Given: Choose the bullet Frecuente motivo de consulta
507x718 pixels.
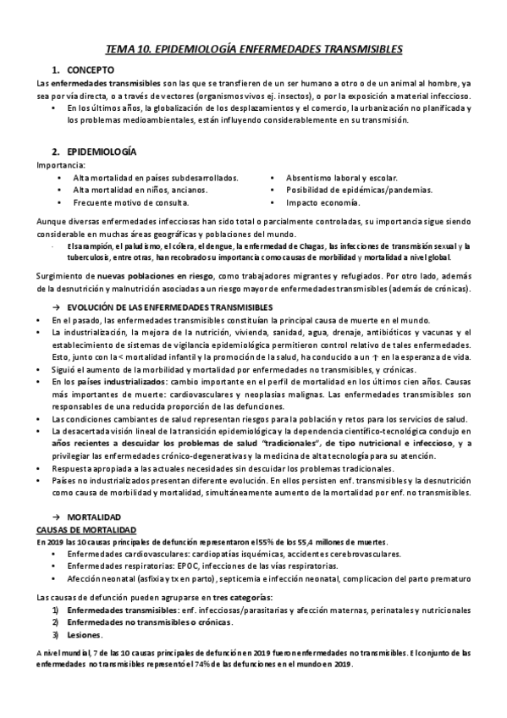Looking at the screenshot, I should [130, 203].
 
